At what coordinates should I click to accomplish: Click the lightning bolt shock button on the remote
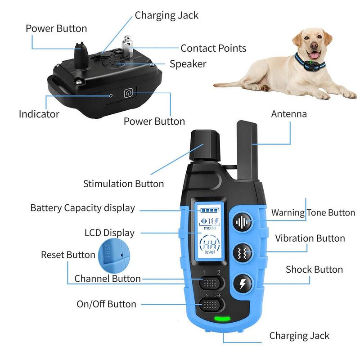(243, 284)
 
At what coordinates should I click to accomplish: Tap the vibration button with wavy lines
(243, 253)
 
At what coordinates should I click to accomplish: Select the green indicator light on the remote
(222, 319)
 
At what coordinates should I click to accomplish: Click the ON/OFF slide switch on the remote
(211, 305)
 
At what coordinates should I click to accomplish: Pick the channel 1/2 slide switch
(211, 283)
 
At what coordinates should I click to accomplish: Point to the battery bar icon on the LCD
(210, 210)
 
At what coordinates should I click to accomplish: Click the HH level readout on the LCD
(210, 244)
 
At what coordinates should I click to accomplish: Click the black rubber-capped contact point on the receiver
(81, 55)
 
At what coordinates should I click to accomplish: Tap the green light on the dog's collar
(310, 62)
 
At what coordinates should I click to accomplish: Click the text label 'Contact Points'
(213, 48)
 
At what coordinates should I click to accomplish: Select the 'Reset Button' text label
(68, 255)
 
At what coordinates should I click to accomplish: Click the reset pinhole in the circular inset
(122, 255)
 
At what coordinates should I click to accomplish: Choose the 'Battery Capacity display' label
(83, 208)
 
